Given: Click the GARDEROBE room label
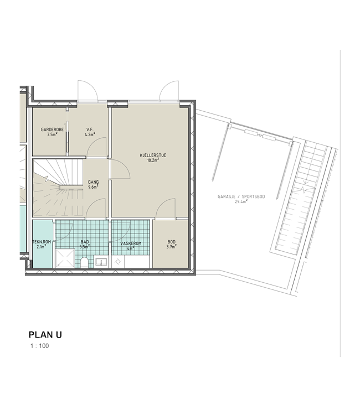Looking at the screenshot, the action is pyautogui.click(x=52, y=129).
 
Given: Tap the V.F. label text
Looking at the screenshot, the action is pyautogui.click(x=90, y=129).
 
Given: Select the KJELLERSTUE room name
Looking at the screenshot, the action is pyautogui.click(x=153, y=155).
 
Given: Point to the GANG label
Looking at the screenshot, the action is pyautogui.click(x=93, y=182).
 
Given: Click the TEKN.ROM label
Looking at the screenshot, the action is pyautogui.click(x=42, y=242).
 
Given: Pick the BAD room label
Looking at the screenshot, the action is pyautogui.click(x=85, y=242).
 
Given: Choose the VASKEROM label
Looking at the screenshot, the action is pyautogui.click(x=131, y=243).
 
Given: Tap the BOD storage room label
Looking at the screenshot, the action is pyautogui.click(x=171, y=242).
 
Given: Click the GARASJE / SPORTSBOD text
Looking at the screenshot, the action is pyautogui.click(x=241, y=196).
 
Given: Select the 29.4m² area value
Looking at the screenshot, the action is pyautogui.click(x=241, y=201).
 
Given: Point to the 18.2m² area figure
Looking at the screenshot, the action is pyautogui.click(x=153, y=160).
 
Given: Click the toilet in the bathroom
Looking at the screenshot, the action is pyautogui.click(x=84, y=262).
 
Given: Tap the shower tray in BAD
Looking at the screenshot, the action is pyautogui.click(x=65, y=258).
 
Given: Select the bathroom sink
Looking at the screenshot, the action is pyautogui.click(x=101, y=262).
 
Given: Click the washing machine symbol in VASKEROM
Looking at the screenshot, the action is pyautogui.click(x=118, y=262).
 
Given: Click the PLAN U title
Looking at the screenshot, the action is pyautogui.click(x=45, y=335).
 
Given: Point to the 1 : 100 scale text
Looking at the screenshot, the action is pyautogui.click(x=40, y=346).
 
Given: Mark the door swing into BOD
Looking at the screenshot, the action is pyautogui.click(x=165, y=209).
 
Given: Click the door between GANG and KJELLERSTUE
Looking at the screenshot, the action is pyautogui.click(x=120, y=169).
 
